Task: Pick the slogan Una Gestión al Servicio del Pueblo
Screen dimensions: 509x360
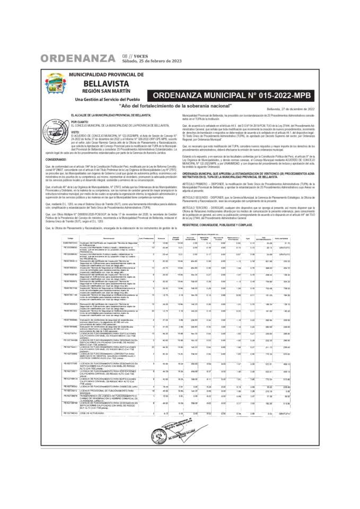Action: [x=106, y=99]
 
